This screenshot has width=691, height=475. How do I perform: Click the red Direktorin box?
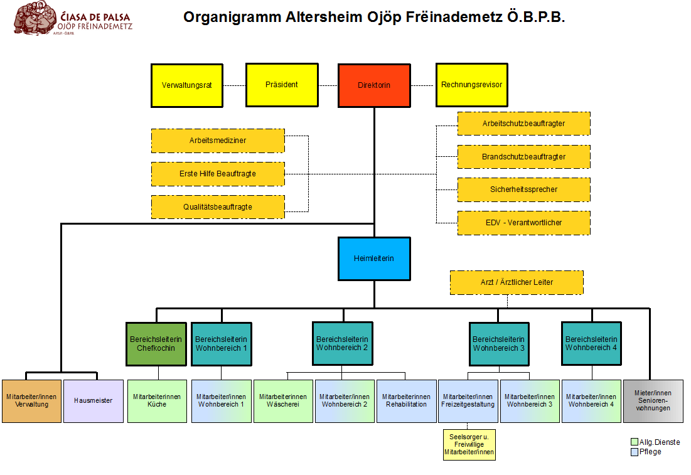pyautogui.click(x=374, y=85)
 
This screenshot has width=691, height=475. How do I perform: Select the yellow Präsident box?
pyautogui.click(x=281, y=85)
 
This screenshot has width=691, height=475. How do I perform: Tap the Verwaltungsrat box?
pyautogui.click(x=187, y=85)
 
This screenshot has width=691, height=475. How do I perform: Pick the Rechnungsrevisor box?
pyautogui.click(x=471, y=85)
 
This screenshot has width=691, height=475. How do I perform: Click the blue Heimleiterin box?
pyautogui.click(x=374, y=259)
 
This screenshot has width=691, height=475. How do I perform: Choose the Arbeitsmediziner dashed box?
pyautogui.click(x=218, y=141)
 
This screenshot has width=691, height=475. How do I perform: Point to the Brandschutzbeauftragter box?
pyautogui.click(x=523, y=157)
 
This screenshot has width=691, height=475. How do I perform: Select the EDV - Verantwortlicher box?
pyautogui.click(x=523, y=223)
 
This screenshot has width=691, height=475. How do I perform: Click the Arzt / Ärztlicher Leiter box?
pyautogui.click(x=517, y=282)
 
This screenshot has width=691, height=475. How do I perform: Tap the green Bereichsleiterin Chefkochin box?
pyautogui.click(x=156, y=343)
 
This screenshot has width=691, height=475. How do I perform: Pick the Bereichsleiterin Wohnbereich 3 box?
pyautogui.click(x=499, y=343)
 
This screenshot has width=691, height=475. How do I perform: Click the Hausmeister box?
pyautogui.click(x=94, y=400)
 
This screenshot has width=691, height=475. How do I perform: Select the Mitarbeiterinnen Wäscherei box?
pyautogui.click(x=283, y=400)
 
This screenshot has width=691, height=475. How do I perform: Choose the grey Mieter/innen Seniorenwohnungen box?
pyautogui.click(x=652, y=400)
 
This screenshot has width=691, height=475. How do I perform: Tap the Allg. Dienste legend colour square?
pyautogui.click(x=635, y=442)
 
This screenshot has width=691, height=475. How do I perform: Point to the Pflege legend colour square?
pyautogui.click(x=635, y=451)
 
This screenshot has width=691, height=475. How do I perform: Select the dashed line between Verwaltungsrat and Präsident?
pyautogui.click(x=234, y=85)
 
